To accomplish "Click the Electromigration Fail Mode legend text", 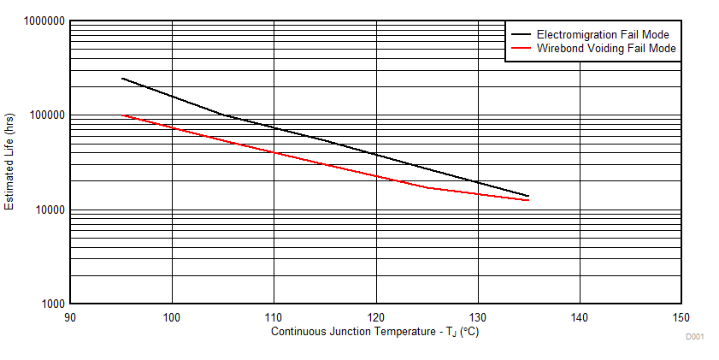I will [602, 35].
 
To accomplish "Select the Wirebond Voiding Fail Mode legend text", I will [606, 49].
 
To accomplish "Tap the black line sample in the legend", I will [521, 35].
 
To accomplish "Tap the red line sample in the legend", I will [521, 49].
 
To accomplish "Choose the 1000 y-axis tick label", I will [50, 304].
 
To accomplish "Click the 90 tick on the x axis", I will [70, 317].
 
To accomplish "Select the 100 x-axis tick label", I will [172, 317].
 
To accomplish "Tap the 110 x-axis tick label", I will [274, 317].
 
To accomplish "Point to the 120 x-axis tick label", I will [375, 317].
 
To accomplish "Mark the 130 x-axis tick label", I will [477, 317].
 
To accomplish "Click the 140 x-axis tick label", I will [580, 317].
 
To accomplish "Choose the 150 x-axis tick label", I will [681, 317].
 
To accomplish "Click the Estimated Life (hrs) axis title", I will [10, 162].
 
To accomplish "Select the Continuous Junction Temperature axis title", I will [374, 332].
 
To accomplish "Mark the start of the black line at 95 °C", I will [121, 78].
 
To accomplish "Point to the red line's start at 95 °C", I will [121, 115].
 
